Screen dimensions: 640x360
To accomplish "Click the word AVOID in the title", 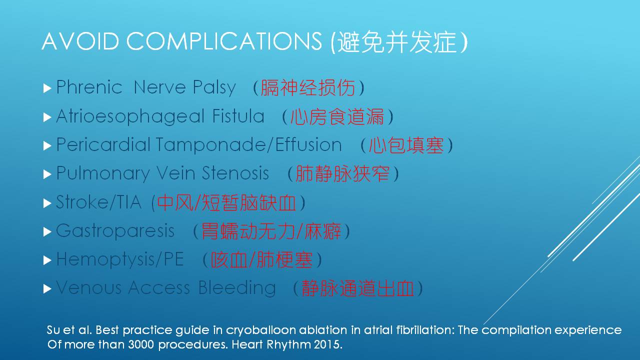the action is point(80,41).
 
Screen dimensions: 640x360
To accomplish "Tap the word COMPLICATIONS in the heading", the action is point(224,41).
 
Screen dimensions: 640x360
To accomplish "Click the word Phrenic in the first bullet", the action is point(89,87).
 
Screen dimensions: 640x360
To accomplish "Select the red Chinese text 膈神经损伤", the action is point(308,87).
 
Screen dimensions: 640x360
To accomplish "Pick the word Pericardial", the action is point(103,144).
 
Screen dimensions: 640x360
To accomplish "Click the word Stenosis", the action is point(235,173).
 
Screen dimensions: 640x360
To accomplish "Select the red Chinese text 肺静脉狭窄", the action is point(342,173).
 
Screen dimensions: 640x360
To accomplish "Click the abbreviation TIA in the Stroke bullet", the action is point(129,202).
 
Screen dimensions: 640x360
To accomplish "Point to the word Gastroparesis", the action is point(115,231).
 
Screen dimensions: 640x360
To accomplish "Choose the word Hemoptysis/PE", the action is point(120,259).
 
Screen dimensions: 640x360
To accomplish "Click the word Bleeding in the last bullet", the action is point(237,288).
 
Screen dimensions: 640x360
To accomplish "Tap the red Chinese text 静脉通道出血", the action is point(358,288).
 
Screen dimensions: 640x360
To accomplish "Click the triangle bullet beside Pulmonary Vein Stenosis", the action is point(47,174).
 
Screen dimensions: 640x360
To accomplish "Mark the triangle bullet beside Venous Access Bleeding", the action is point(47,289).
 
